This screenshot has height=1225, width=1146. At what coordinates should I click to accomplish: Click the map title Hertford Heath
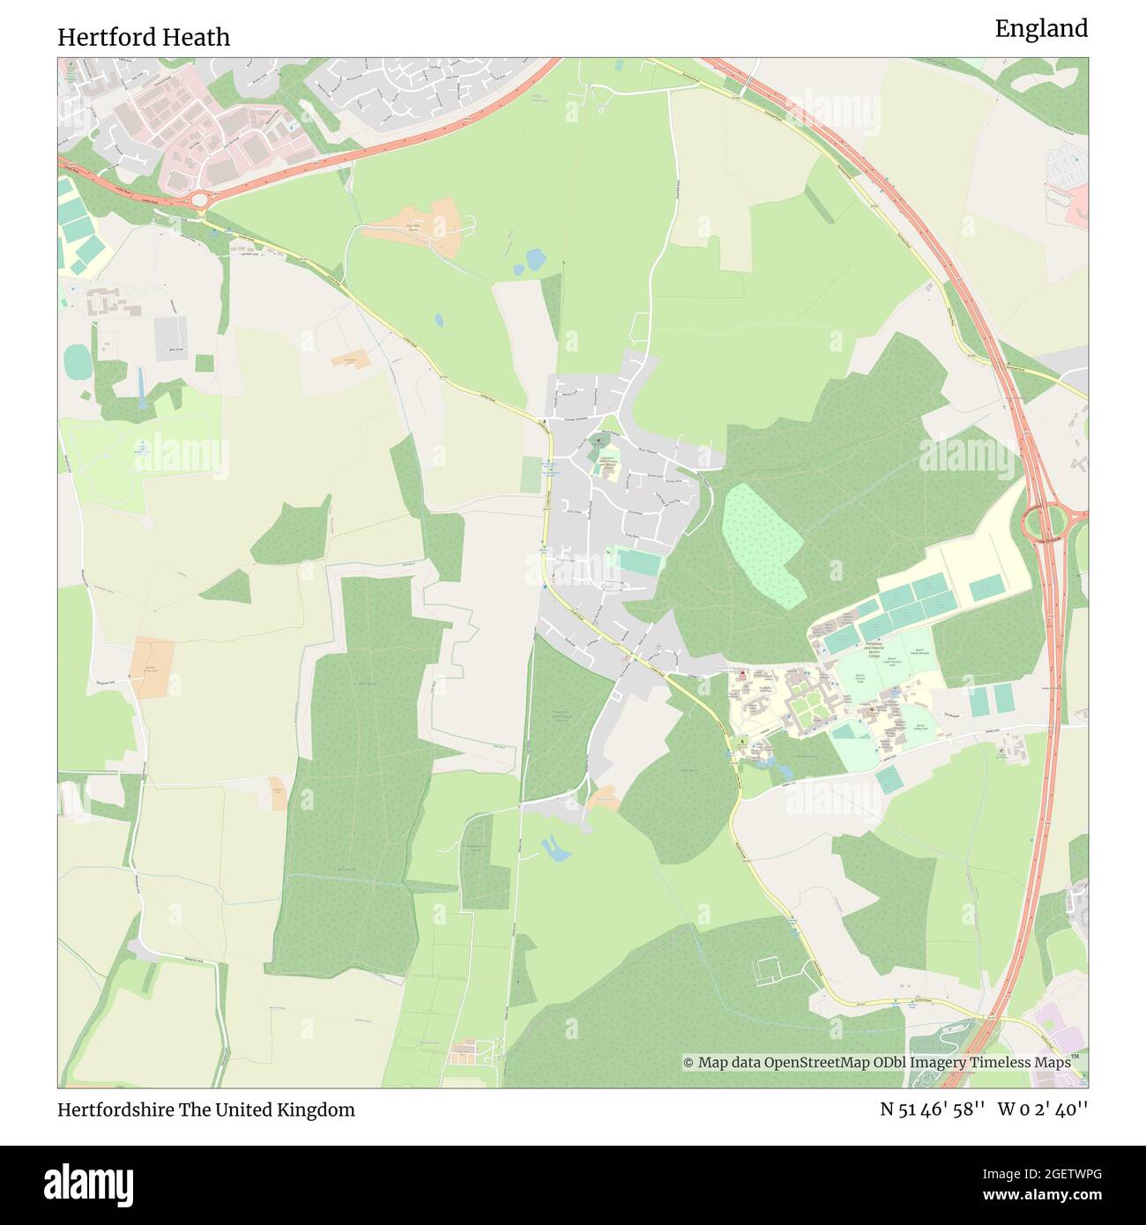(144, 37)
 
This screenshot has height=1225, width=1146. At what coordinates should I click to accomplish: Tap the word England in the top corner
(1041, 29)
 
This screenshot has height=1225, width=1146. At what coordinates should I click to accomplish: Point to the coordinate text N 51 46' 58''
(934, 1110)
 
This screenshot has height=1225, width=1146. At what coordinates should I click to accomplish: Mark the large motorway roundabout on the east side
(1046, 523)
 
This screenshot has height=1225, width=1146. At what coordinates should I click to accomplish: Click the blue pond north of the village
(534, 260)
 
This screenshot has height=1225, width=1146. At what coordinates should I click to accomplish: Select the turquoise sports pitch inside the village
(636, 563)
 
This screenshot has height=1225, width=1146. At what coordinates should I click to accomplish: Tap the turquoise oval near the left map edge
(77, 360)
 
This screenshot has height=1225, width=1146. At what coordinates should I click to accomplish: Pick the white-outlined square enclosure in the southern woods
(769, 969)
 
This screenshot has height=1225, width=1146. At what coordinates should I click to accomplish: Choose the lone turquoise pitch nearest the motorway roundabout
(986, 586)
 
